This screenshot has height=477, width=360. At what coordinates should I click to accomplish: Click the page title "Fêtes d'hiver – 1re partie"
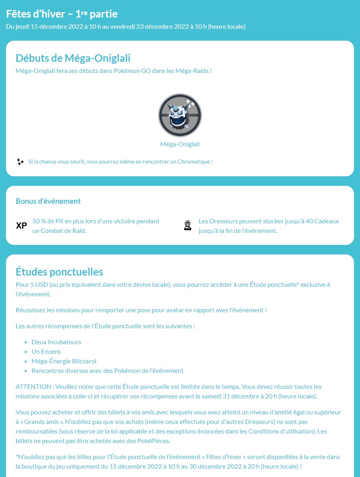tap(62, 14)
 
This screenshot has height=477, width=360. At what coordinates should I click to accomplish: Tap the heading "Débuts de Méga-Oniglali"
tap(73, 58)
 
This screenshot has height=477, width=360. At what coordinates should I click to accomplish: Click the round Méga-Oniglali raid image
tap(180, 115)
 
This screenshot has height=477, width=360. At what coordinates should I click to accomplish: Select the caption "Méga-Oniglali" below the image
tap(180, 144)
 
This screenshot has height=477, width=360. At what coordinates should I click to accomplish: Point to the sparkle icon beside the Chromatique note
tap(20, 162)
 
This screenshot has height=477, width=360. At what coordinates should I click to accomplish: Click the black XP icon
tap(22, 226)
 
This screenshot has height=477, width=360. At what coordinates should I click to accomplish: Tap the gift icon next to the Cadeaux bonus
tap(188, 226)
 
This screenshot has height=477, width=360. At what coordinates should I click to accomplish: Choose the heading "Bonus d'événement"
tap(48, 201)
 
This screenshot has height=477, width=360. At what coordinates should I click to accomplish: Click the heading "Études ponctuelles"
tap(59, 272)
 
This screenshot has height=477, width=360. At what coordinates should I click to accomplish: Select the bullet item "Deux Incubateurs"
tap(56, 342)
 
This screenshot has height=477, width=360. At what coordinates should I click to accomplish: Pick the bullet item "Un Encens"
tap(46, 352)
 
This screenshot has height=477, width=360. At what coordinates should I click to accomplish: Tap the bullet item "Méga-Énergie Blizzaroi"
tap(64, 361)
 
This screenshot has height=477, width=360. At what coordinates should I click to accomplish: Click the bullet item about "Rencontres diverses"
tap(107, 371)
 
